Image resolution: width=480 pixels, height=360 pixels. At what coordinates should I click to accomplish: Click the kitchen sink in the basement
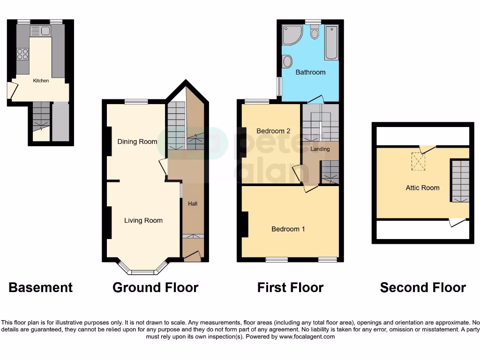pos(40,31)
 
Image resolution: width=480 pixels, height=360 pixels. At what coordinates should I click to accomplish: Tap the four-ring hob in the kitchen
pos(22,54)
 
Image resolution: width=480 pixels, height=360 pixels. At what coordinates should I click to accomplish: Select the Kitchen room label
pos(41,81)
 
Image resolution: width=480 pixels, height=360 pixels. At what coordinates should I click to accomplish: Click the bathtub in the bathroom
pos(331,43)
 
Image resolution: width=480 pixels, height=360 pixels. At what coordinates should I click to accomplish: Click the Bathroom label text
pos(310,72)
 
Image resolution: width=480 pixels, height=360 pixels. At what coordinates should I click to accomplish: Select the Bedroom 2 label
pos(273,131)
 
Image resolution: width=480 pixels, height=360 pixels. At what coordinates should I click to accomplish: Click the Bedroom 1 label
pos(288,229)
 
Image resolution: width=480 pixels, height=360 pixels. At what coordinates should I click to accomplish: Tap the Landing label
pos(320,149)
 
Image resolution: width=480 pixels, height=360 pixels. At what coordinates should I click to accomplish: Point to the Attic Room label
pos(422,187)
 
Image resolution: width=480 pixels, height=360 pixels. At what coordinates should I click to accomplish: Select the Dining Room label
pos(137,142)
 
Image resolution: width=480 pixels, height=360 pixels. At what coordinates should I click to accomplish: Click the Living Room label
pos(143,220)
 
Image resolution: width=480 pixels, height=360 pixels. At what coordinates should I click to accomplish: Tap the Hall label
pos(193,204)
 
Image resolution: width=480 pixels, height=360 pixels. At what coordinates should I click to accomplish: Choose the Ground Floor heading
pos(155,287)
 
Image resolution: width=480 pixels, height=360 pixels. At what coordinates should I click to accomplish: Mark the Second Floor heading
pos(423,287)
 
